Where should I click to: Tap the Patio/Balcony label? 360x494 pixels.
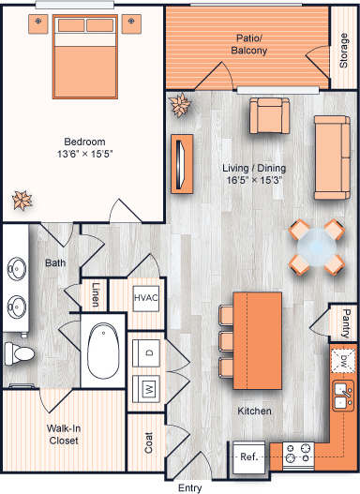[x=251, y=44]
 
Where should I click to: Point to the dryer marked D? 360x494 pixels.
[x=148, y=353]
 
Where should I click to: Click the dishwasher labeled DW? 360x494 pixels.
[x=344, y=360]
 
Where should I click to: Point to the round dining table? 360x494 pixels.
[x=315, y=247]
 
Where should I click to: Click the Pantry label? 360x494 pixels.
[x=347, y=321]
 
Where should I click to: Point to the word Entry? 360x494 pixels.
[x=191, y=487]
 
